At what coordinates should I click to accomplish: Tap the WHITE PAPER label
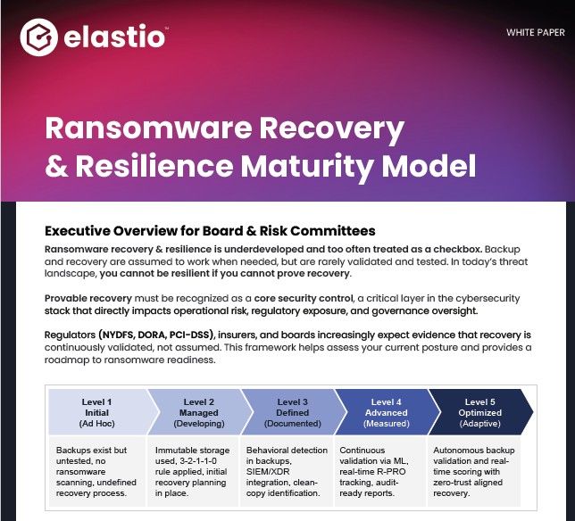point(535,33)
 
